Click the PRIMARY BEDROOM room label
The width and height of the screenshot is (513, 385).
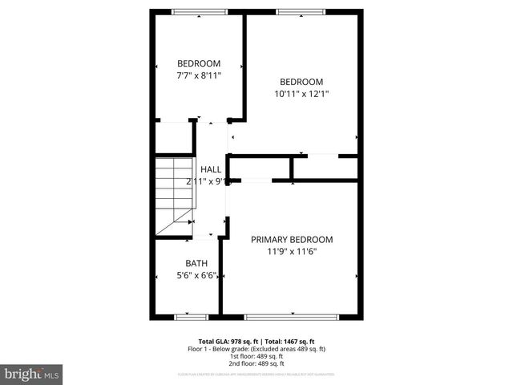coord(292,239)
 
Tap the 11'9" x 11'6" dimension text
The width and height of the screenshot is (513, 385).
coord(292,252)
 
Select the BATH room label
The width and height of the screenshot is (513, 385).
coord(196,263)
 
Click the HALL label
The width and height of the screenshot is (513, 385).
coord(211,169)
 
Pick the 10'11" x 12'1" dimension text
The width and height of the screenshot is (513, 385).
coord(301,94)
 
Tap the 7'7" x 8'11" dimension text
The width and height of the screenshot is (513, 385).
coord(199,75)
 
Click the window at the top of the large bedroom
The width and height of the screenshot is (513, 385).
coord(301,11)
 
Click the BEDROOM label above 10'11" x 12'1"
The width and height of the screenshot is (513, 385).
coord(301,82)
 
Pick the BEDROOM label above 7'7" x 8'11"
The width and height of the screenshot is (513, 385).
coord(199,63)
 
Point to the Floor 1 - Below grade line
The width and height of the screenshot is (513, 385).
coord(256,349)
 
